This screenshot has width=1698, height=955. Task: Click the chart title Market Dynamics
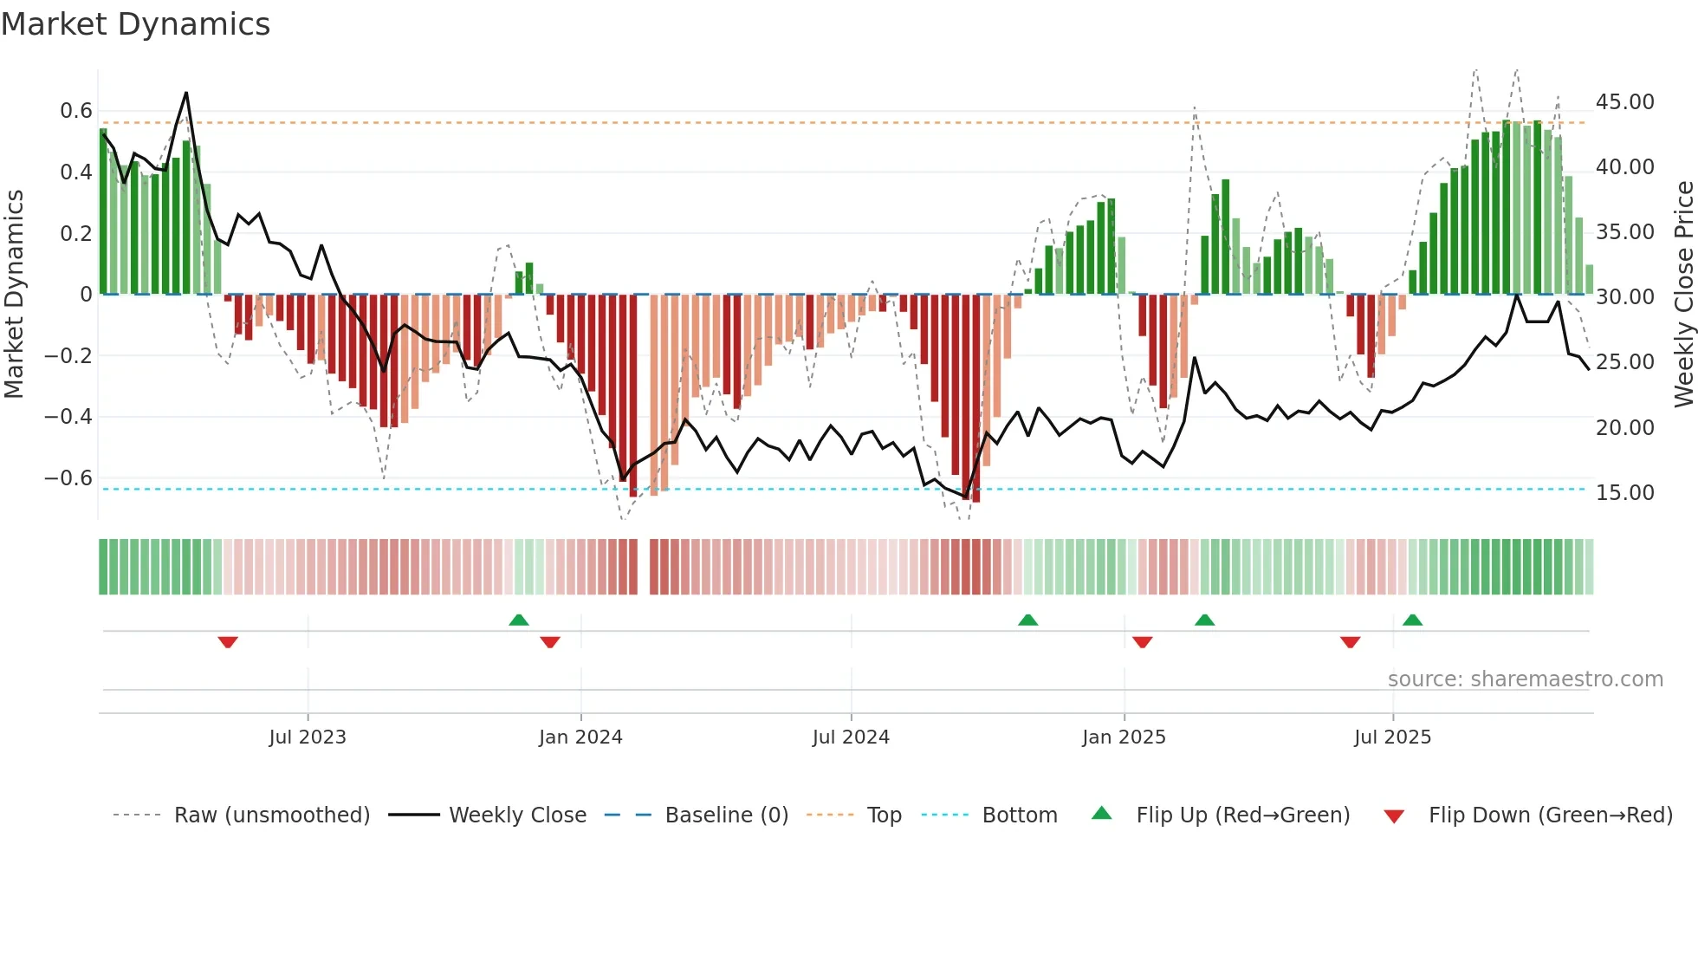point(136,24)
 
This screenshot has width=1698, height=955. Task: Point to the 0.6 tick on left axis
point(76,111)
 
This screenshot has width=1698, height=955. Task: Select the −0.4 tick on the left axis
point(68,417)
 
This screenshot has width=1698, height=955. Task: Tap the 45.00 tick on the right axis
point(1624,102)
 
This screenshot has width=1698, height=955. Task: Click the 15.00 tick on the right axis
point(1624,493)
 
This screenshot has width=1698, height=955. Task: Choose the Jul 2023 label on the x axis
point(308,737)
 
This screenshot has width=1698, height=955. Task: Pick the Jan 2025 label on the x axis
point(1124,737)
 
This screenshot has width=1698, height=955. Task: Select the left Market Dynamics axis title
point(15,295)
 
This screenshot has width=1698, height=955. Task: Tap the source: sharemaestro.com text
point(1525,679)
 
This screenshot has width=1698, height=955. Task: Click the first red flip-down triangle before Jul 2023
point(228,642)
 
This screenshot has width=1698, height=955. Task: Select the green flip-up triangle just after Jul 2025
point(1412,620)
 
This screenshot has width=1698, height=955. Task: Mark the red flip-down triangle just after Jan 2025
point(1142,642)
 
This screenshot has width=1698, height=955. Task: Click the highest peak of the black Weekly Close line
point(186,93)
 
